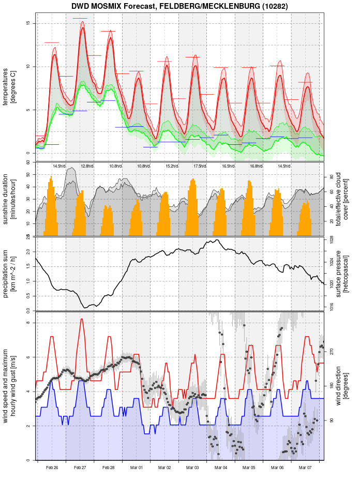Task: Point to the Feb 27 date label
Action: coord(80,468)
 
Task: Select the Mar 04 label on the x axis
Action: coord(221,468)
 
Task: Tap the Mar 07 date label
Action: coord(305,468)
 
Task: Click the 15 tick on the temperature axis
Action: coord(28,23)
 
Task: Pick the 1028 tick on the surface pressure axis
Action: coord(332,239)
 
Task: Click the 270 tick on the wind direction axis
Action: coord(332,351)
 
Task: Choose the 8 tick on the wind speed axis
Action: coord(28,323)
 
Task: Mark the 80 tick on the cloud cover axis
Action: coord(332,176)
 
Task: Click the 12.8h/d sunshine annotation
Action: coord(87,166)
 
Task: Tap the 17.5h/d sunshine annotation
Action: coord(200,166)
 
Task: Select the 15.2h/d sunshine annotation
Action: coord(172,166)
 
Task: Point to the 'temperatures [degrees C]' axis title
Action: coord(9,83)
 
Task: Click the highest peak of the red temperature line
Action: coord(82,28)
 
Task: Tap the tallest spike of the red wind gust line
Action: coord(81,319)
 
